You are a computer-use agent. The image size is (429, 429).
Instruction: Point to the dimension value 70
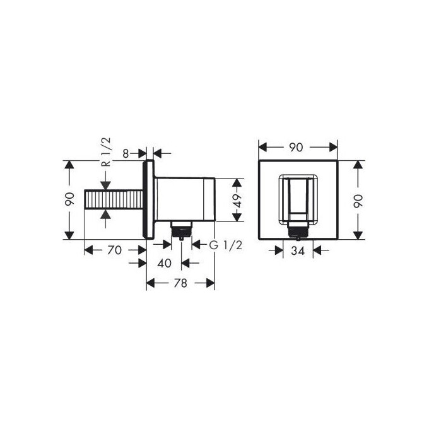pyautogui.click(x=114, y=250)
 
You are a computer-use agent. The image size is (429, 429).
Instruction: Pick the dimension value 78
pyautogui.click(x=180, y=283)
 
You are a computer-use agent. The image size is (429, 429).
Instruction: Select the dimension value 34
pyautogui.click(x=299, y=250)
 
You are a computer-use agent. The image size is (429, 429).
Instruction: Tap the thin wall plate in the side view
pyautogui.click(x=150, y=200)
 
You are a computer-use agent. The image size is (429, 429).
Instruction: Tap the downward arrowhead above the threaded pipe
pyautogui.click(x=105, y=185)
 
